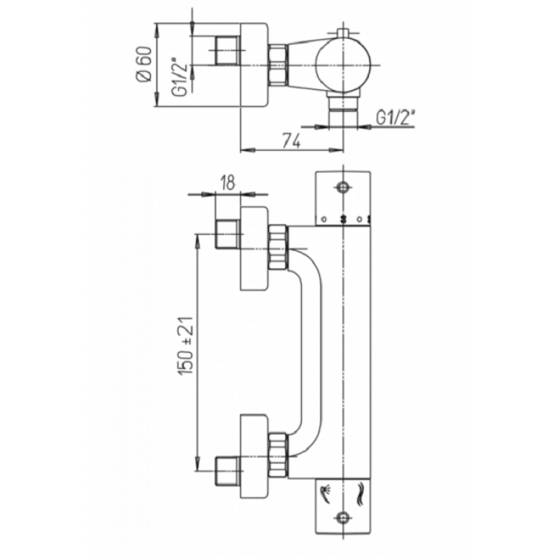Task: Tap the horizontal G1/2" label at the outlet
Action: point(395,117)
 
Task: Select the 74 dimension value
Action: point(292,141)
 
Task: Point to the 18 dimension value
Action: point(228,183)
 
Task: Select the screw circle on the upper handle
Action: point(343,187)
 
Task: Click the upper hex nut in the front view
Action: point(278,247)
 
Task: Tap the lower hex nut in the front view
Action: point(278,456)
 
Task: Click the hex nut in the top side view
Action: point(278,65)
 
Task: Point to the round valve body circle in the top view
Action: point(343,66)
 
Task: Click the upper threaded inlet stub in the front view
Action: point(228,234)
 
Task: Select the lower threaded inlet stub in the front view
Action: point(228,471)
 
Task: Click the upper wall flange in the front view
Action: point(254,248)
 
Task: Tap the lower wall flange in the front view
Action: point(254,456)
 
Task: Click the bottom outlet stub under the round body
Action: point(342,110)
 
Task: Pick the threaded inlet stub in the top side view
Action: point(228,50)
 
